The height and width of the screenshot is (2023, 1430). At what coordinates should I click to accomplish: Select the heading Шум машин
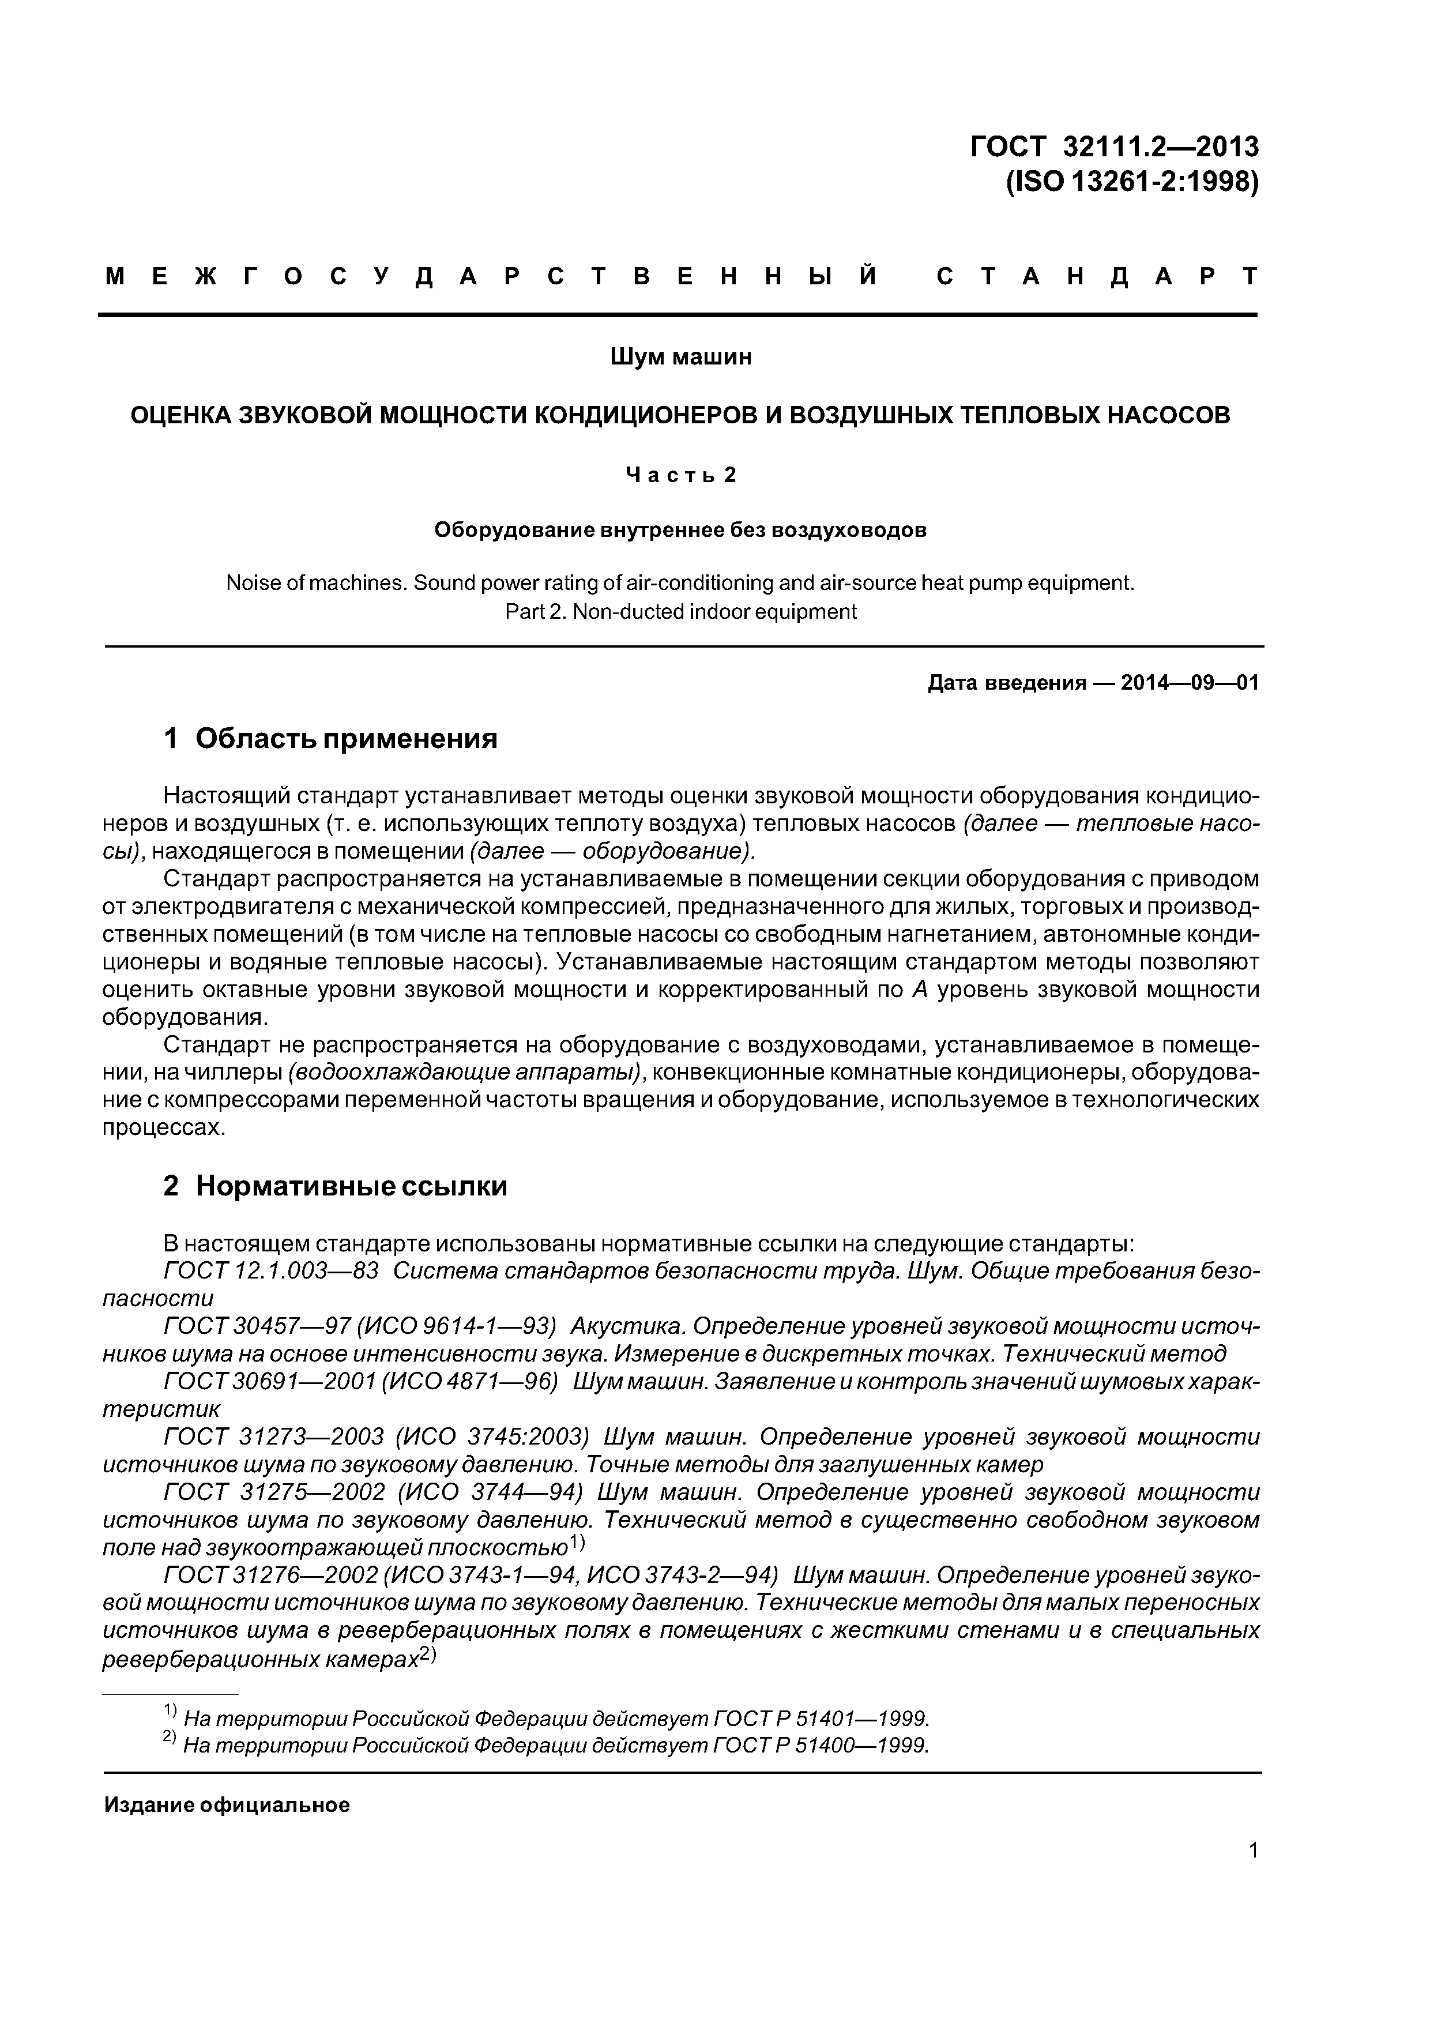tap(680, 357)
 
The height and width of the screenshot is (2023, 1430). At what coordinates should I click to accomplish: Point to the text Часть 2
tap(680, 475)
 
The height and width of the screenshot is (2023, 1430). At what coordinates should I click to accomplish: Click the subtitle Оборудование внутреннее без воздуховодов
tap(680, 531)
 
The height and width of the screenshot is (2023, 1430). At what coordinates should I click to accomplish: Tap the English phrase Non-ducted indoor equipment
tap(713, 611)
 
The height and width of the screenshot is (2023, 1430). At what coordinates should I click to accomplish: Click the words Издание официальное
tap(227, 1806)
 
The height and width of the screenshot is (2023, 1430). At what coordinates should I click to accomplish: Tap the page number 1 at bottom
tap(1253, 1875)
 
